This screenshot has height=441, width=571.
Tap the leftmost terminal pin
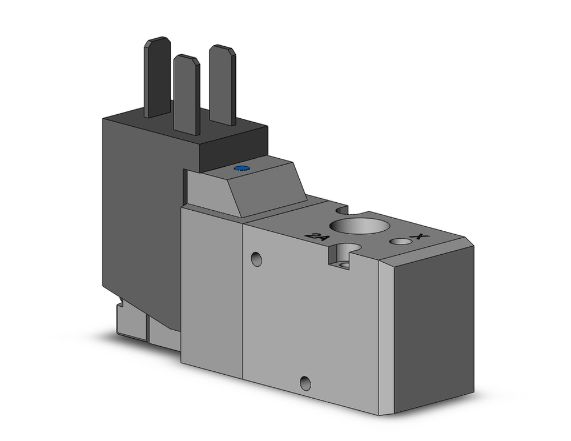click(157, 77)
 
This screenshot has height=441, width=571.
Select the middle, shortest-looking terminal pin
click(186, 94)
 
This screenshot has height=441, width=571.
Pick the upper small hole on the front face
click(256, 259)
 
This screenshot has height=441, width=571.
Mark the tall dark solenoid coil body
click(140, 211)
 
